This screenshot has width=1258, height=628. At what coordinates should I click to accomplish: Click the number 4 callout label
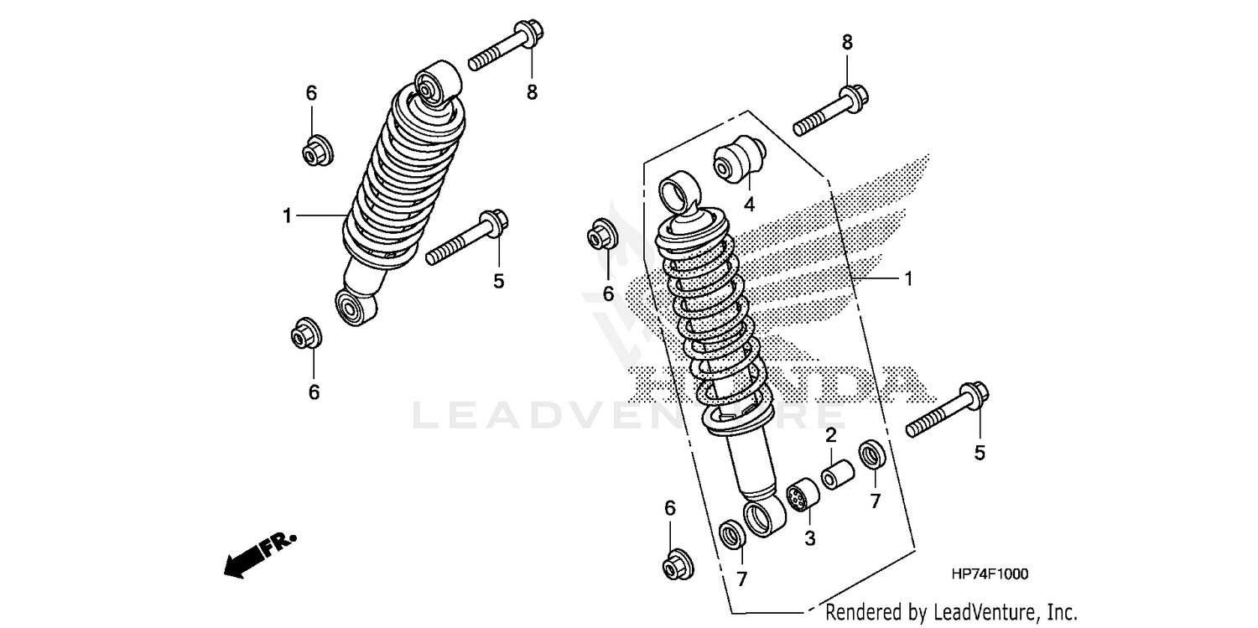(x=749, y=204)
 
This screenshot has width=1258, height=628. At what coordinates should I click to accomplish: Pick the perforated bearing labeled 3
(x=803, y=495)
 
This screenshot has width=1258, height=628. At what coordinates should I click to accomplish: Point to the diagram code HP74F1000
(x=990, y=574)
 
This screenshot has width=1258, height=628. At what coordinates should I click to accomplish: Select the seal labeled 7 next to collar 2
(x=872, y=457)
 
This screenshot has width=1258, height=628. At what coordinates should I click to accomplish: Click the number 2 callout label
(x=830, y=435)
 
